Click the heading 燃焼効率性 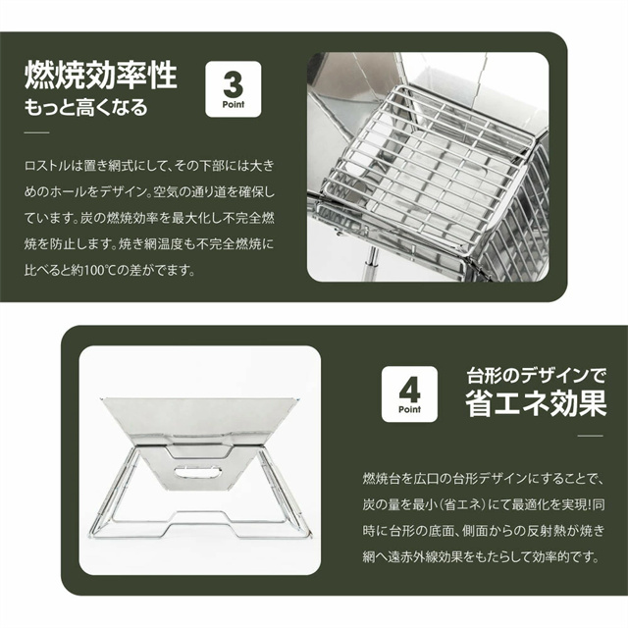(x=100, y=75)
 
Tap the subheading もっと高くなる (x=86, y=108)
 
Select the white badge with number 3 (x=234, y=89)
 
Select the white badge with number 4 (x=409, y=394)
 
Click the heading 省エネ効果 (x=536, y=403)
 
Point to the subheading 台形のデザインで (x=537, y=375)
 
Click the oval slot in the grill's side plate (x=198, y=471)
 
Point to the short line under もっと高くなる (x=37, y=132)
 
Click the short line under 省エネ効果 (x=591, y=436)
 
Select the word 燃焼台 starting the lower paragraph (x=381, y=479)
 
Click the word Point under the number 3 (x=234, y=105)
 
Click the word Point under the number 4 (x=409, y=409)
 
